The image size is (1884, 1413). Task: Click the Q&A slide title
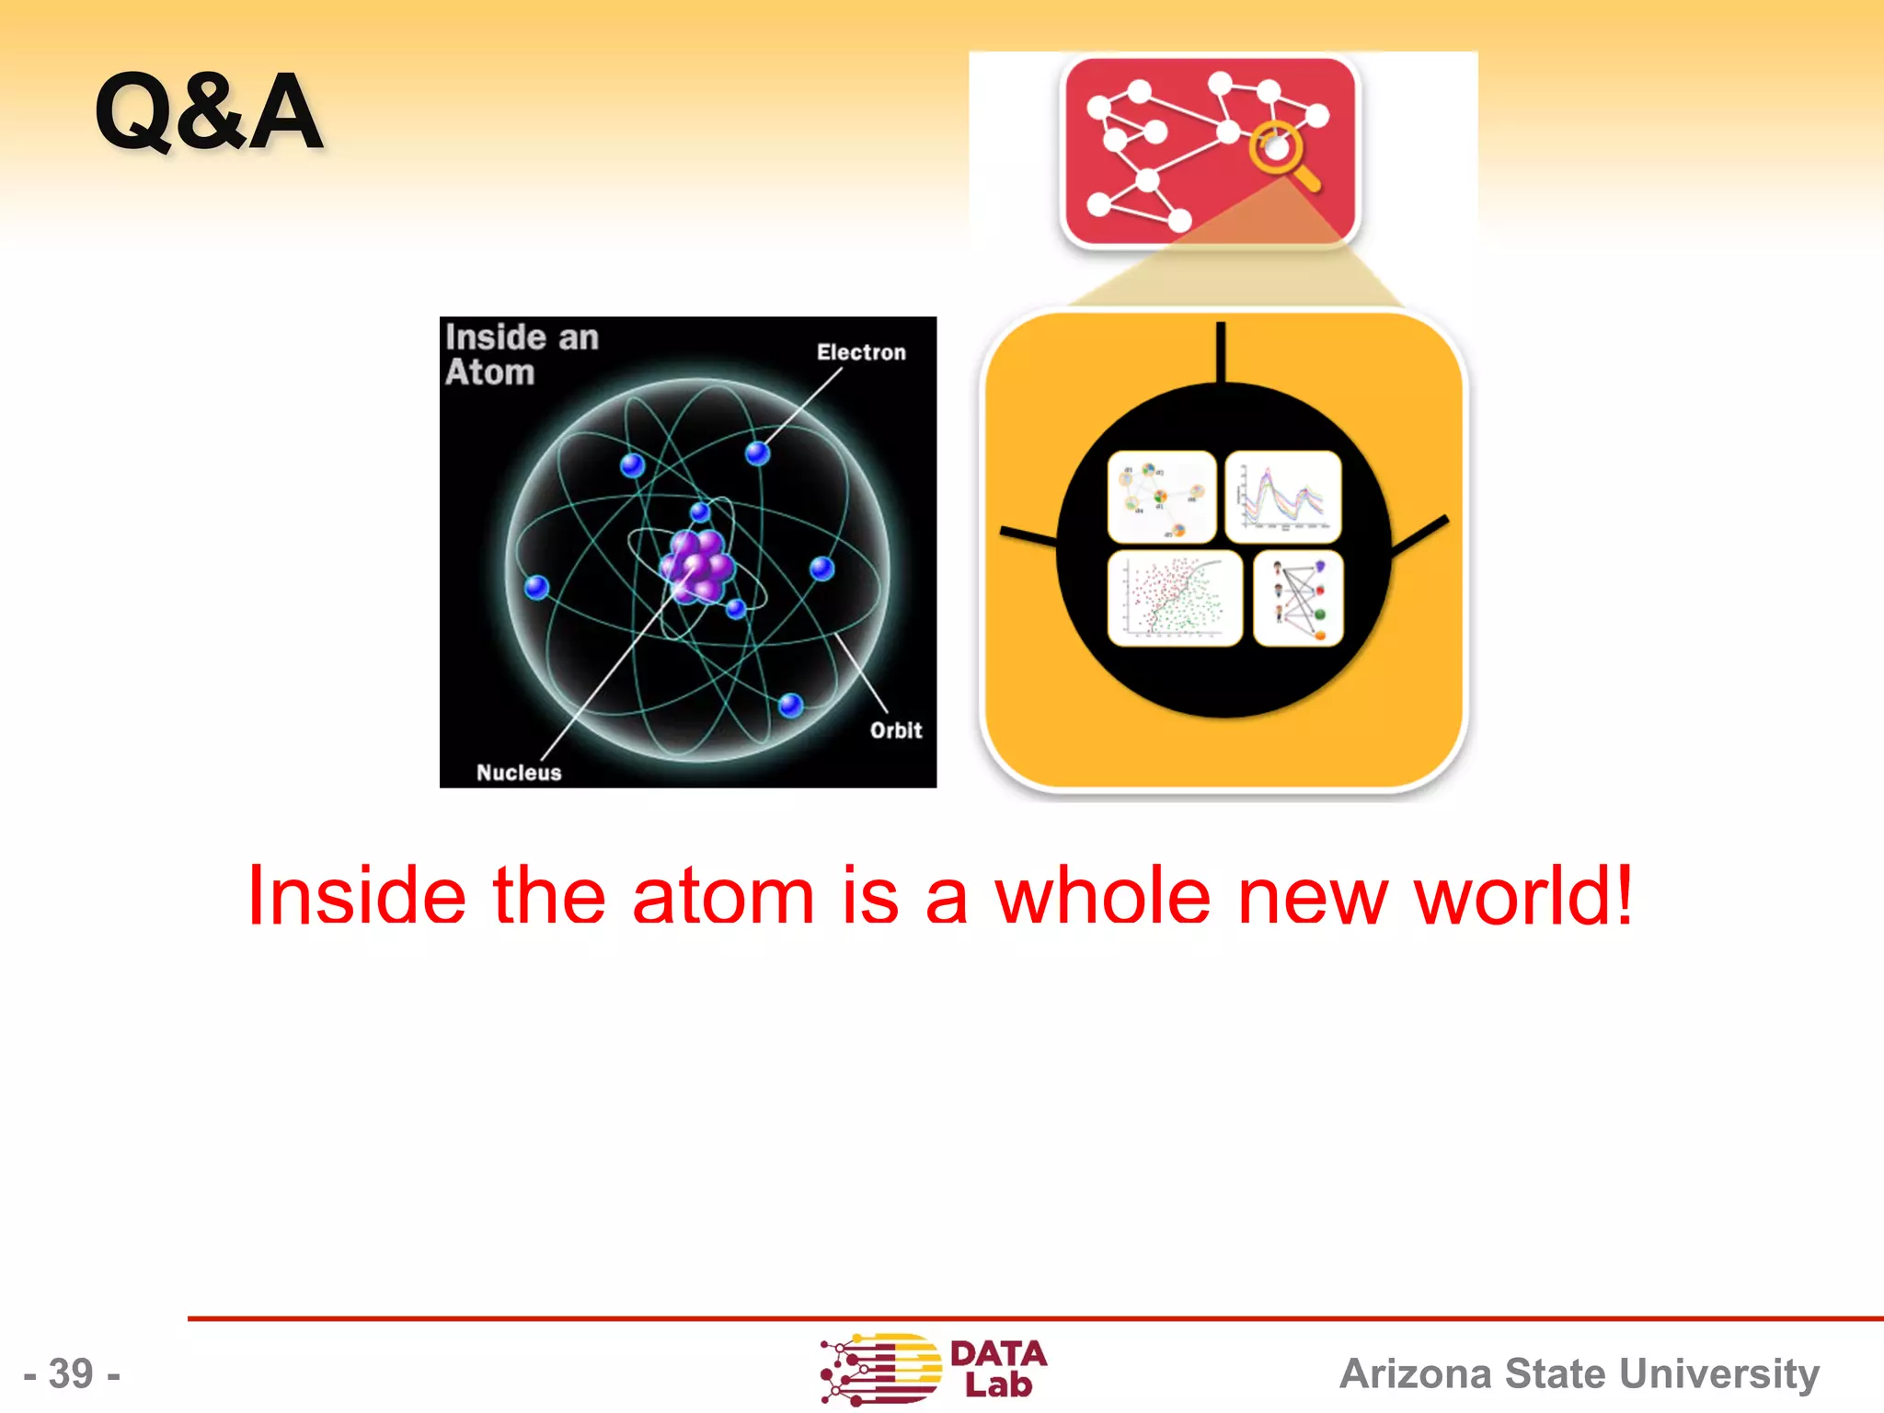click(209, 112)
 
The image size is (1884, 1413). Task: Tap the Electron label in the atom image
click(861, 352)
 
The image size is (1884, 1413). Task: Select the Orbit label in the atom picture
click(895, 730)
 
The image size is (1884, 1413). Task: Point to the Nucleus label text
click(519, 773)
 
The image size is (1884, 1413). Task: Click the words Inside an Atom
click(521, 355)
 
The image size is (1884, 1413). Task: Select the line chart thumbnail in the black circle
click(1283, 497)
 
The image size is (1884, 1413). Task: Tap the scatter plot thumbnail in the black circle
click(1175, 599)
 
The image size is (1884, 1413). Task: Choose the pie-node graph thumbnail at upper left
click(1162, 497)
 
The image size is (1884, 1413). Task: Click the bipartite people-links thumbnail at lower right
click(1298, 599)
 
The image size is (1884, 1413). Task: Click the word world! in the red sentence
click(1522, 895)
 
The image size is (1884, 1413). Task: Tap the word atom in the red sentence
click(723, 895)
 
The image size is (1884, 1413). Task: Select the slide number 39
click(72, 1373)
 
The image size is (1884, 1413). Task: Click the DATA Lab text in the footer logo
click(998, 1368)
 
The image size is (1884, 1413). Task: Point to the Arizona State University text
click(1579, 1373)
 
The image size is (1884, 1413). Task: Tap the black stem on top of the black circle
click(1221, 352)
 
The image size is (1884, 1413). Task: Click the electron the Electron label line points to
click(757, 453)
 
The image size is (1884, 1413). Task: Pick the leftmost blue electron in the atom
click(536, 587)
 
